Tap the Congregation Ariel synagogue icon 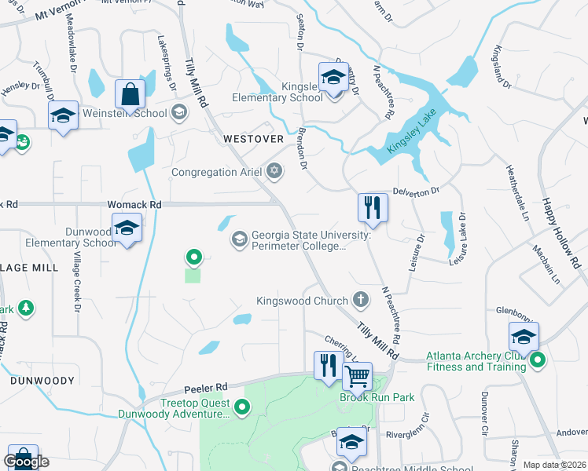[x=274, y=171]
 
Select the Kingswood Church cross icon [x=361, y=300]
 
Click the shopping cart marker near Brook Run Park [x=358, y=377]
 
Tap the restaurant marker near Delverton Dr [x=373, y=208]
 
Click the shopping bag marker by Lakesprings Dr [x=130, y=93]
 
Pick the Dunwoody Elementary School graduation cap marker [x=127, y=228]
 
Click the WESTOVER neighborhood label [x=253, y=138]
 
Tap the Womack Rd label [x=134, y=204]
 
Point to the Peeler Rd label [x=206, y=387]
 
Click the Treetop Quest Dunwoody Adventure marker [x=243, y=407]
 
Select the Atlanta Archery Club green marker [x=538, y=360]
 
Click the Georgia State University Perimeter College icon [x=239, y=237]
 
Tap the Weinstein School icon [x=179, y=112]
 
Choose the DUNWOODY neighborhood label [x=42, y=380]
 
